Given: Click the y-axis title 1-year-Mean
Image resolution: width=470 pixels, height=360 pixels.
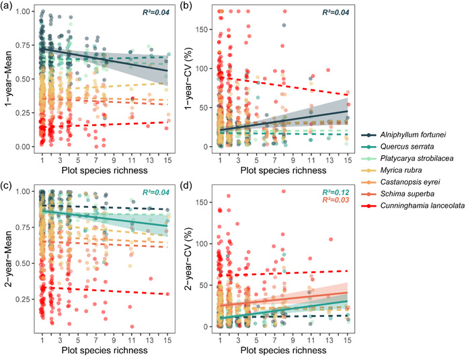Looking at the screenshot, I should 8,78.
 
